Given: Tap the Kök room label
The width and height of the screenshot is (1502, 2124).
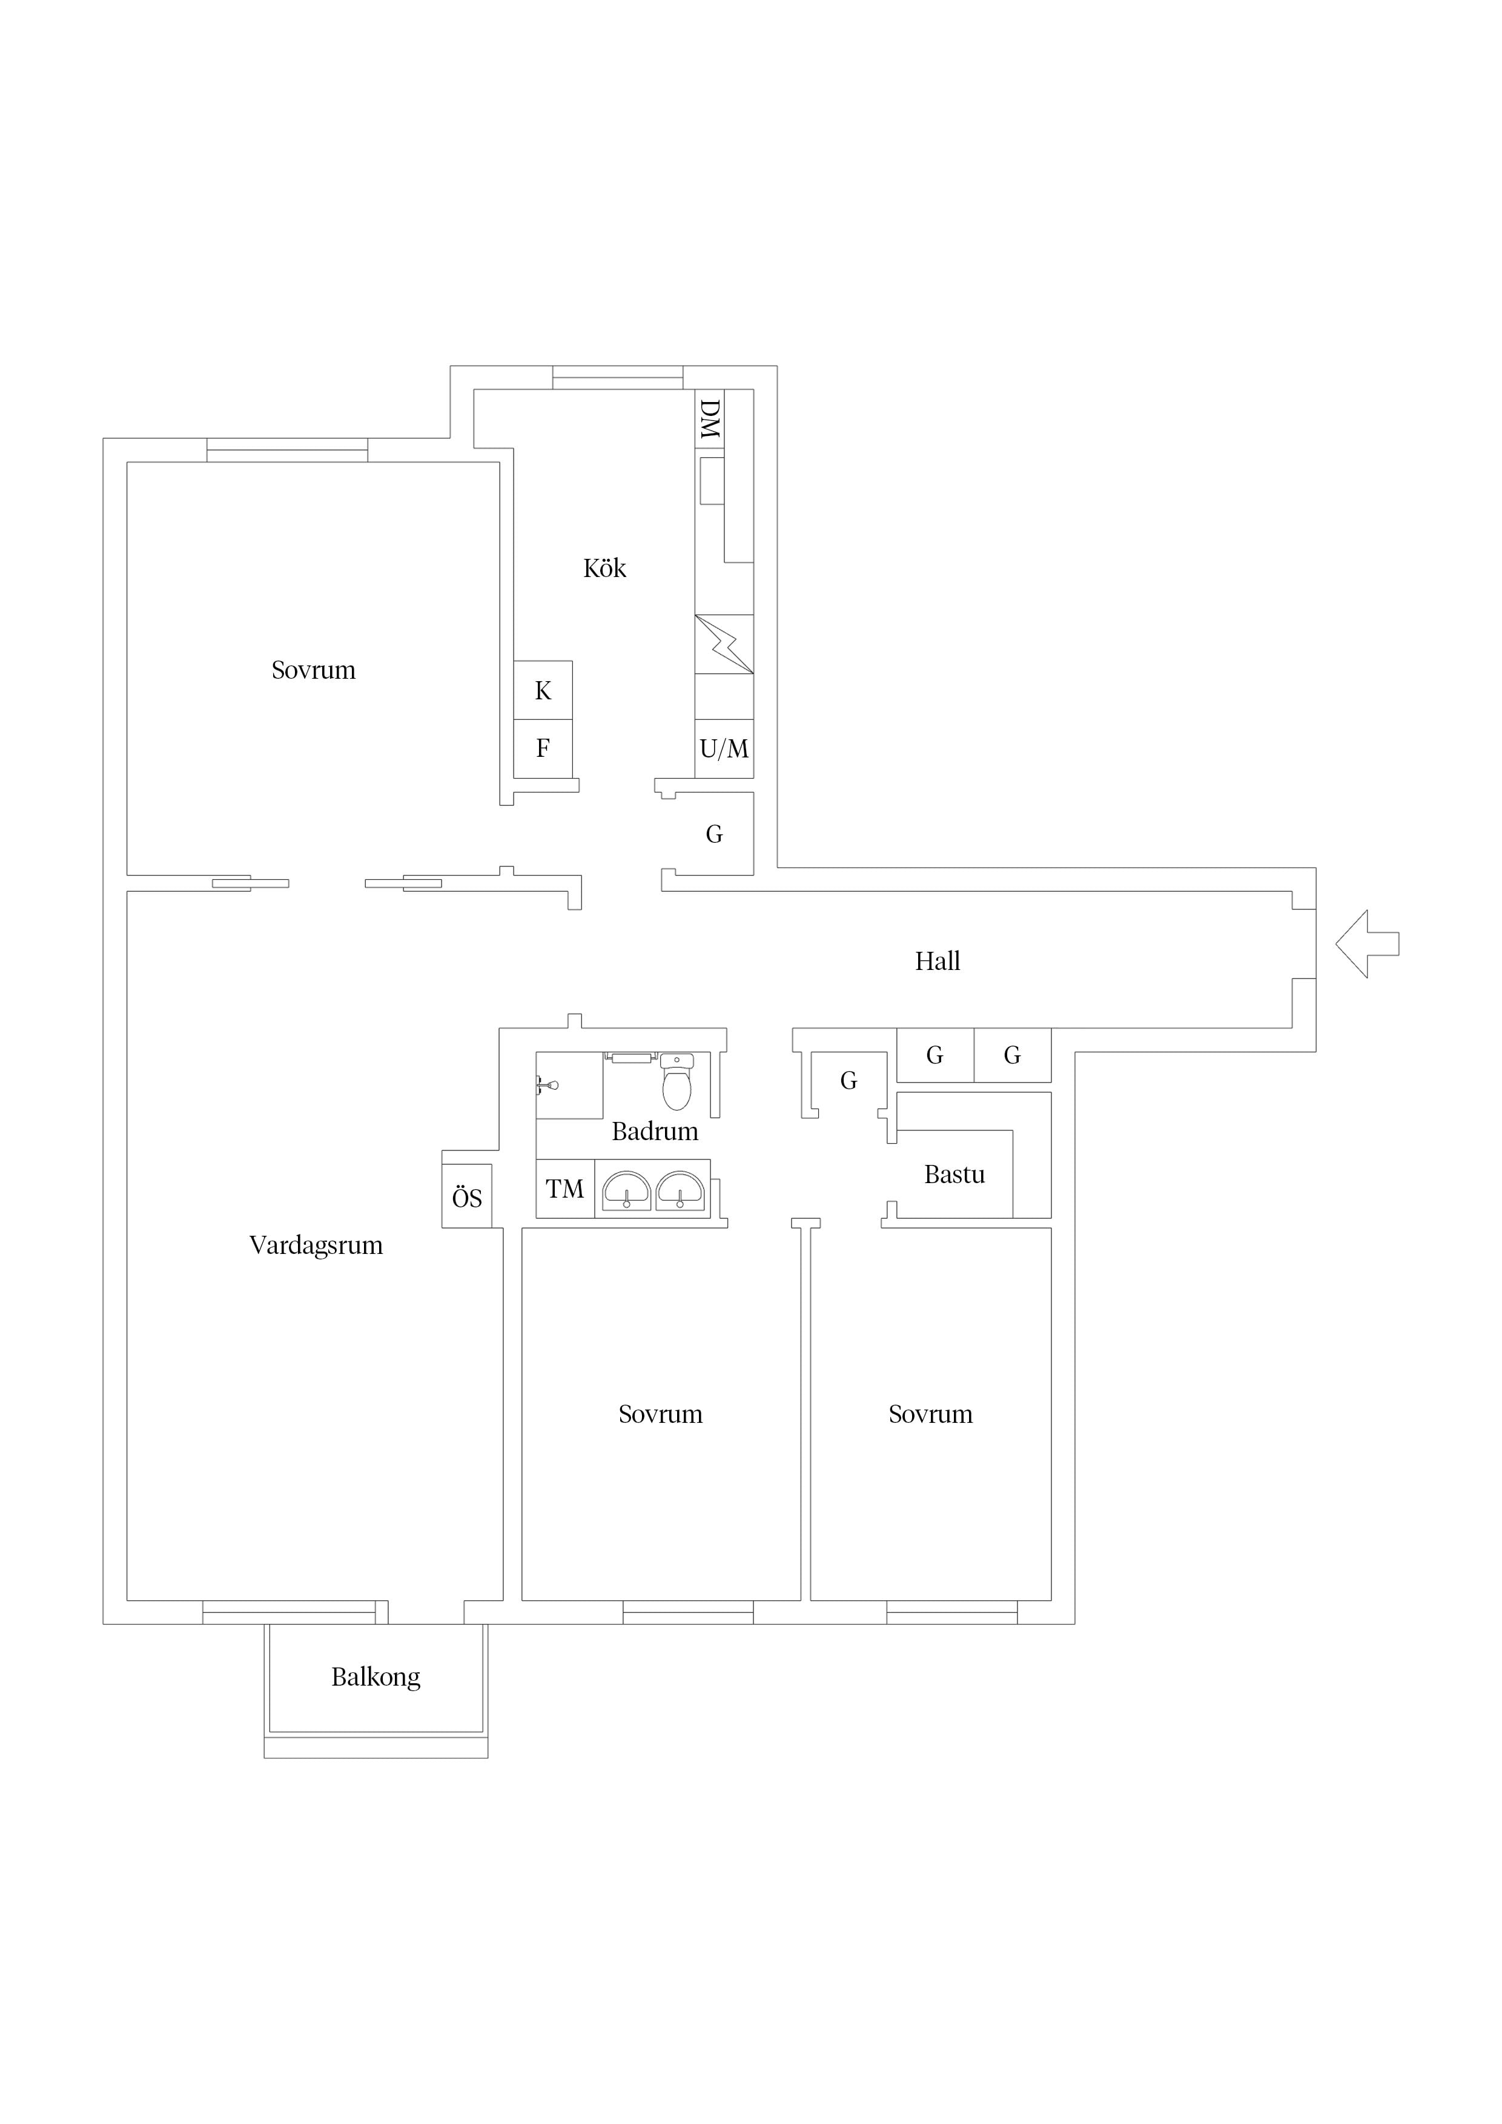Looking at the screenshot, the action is point(604,568).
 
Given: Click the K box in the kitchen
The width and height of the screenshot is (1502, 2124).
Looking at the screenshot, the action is point(543,690).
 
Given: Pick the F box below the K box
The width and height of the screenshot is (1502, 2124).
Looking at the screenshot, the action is point(543,748).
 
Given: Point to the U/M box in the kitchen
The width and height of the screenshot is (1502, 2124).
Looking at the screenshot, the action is point(724,748).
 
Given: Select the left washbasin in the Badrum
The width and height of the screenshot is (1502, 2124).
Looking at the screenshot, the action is point(626,1190).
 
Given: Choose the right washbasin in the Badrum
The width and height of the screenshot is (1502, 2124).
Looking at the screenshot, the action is point(680,1190).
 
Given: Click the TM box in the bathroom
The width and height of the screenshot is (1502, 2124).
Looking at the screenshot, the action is point(566,1189).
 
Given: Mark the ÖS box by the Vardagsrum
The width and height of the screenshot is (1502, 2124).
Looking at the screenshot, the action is point(468,1198).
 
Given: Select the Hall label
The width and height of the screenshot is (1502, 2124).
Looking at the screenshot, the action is point(938,961).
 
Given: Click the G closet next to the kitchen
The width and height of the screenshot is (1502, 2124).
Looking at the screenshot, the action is point(715,834).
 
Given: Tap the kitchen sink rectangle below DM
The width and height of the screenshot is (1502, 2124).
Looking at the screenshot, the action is point(712,481).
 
